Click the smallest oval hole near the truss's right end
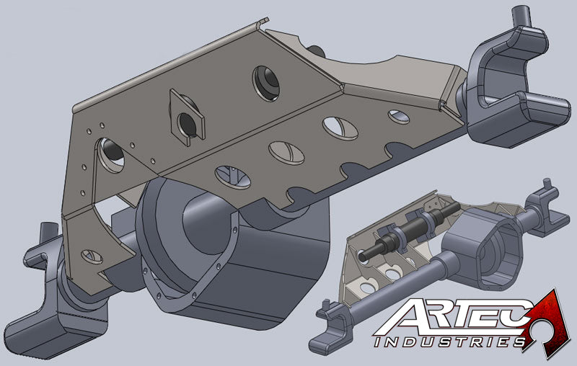point(398,115)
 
